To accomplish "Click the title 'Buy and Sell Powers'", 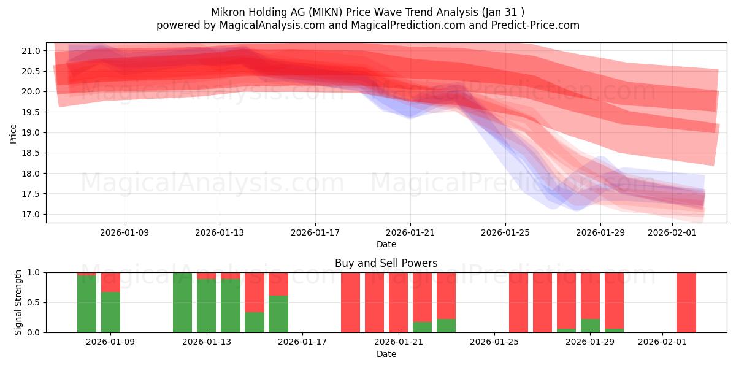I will pos(386,263).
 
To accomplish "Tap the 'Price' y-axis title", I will pos(13,133).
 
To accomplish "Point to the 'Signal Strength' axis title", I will pos(18,302).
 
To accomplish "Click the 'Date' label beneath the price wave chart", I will pos(386,244).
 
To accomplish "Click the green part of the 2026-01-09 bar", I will pos(110,313).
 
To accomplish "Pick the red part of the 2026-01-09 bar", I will pos(110,282).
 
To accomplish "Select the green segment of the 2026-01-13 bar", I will pos(207,307).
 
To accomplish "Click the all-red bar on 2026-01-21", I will pos(398,302).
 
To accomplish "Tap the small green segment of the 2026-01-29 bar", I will pos(590,326).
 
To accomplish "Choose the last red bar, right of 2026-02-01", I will pos(686,302).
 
